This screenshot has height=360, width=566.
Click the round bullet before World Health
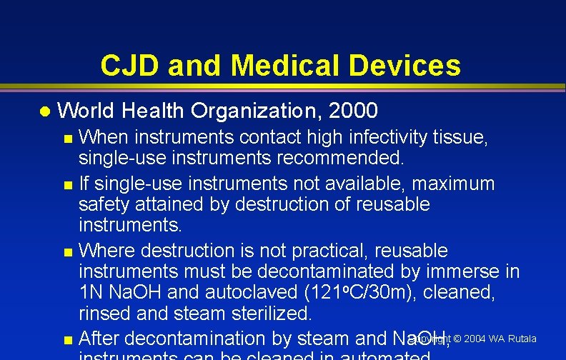pos(45,111)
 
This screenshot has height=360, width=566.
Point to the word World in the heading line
pos(86,111)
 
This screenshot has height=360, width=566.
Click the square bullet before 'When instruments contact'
pos(68,139)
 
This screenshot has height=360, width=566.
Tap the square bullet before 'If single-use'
pos(68,186)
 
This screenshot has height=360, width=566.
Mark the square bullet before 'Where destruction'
pos(68,253)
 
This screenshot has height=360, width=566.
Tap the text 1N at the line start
pos(89,292)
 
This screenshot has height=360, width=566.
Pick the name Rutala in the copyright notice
pos(522,338)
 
